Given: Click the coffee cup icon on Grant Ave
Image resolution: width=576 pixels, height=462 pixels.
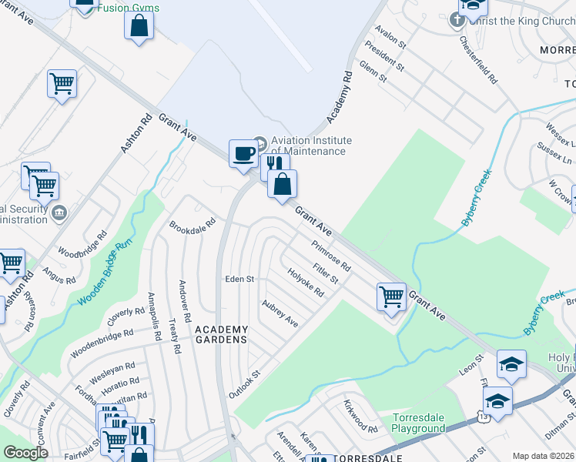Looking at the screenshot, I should coord(243,153).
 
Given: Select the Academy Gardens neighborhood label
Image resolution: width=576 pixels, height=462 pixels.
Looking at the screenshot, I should coord(221,334).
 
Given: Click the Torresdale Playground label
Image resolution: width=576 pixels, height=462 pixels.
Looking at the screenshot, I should coord(419,423).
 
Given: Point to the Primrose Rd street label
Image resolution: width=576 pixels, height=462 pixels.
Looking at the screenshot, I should coord(331,256).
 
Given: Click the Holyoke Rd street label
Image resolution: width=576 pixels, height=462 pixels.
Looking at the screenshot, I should coord(306,283).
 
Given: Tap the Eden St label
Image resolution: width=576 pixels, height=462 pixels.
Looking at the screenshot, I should coord(239,279).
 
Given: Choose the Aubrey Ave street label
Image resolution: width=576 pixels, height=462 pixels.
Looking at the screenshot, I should coord(280,313).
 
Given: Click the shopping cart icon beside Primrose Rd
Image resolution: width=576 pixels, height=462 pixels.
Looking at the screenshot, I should coord(392,296).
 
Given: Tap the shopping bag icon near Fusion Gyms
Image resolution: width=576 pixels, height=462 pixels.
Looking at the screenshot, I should coord(139,25).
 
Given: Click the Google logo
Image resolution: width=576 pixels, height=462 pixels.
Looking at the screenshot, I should coord(26,453).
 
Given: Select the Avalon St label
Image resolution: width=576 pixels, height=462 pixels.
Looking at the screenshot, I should coord(390,37).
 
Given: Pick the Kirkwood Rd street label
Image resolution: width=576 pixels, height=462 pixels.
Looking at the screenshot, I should coord(361,422).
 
